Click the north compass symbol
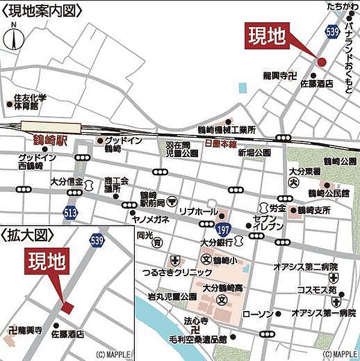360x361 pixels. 14,39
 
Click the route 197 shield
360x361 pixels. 223,229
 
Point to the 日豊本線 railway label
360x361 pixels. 220,145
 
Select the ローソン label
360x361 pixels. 261,314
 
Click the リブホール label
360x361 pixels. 196,212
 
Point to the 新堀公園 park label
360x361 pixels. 254,153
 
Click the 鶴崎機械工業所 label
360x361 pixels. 227,129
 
